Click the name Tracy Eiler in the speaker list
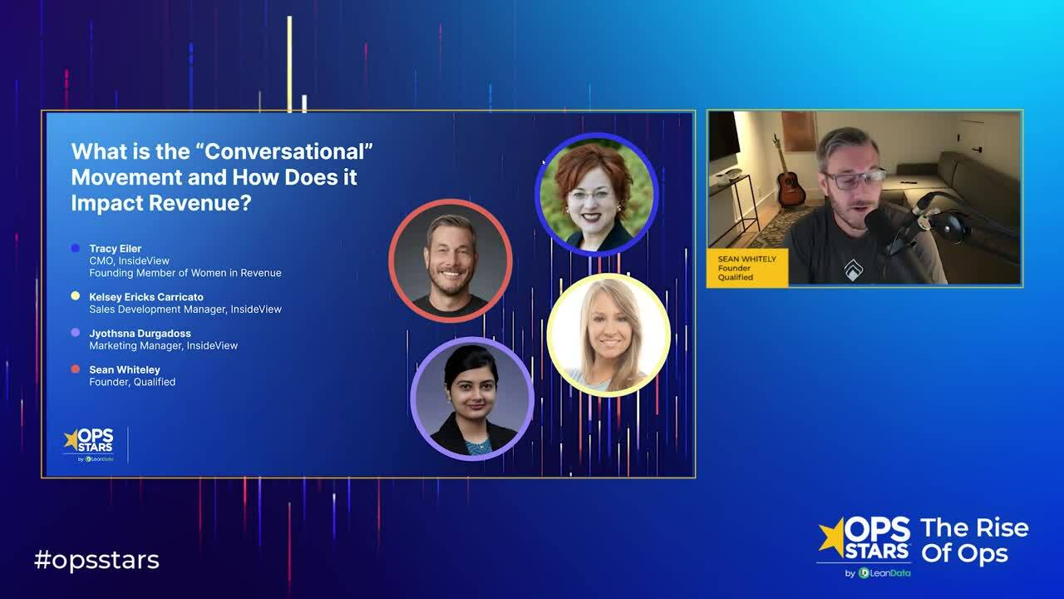click(x=116, y=249)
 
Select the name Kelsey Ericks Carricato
click(x=146, y=297)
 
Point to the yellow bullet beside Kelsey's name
click(x=76, y=296)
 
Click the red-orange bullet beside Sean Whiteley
click(x=76, y=369)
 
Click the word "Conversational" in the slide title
click(x=286, y=152)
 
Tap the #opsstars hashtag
click(x=96, y=560)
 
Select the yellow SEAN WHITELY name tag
click(x=746, y=268)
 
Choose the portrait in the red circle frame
click(x=450, y=260)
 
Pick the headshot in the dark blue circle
click(x=596, y=195)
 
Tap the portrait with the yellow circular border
click(x=608, y=334)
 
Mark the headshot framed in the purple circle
click(x=472, y=399)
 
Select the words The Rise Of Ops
click(x=974, y=541)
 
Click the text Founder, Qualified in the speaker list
click(x=132, y=382)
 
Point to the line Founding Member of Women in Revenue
click(x=185, y=273)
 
